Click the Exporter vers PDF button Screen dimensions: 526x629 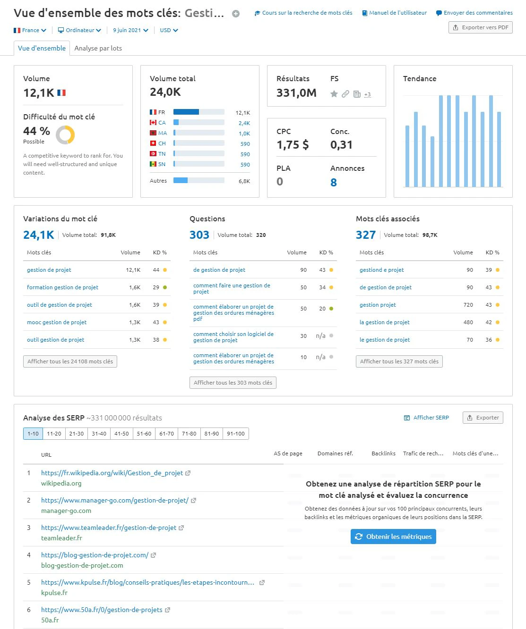[480, 27]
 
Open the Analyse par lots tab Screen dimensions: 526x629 [98, 48]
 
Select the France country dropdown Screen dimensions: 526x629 [30, 30]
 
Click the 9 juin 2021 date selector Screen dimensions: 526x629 [130, 30]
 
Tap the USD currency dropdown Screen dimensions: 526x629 [169, 30]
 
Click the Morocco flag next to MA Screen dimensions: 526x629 [153, 133]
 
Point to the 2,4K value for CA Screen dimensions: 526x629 [244, 123]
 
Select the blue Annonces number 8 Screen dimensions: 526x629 [334, 182]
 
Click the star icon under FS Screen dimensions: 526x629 [334, 94]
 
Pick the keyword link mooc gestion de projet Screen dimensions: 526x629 [57, 322]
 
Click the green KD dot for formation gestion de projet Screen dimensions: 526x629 [165, 287]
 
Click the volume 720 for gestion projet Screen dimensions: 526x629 [468, 305]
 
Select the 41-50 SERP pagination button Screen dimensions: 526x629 [121, 434]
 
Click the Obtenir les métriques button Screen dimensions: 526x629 [393, 537]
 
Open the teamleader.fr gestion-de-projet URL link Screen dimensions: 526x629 [109, 528]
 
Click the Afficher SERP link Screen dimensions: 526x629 [426, 418]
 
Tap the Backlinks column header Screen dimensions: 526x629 [383, 453]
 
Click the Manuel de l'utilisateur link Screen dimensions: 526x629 [395, 13]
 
